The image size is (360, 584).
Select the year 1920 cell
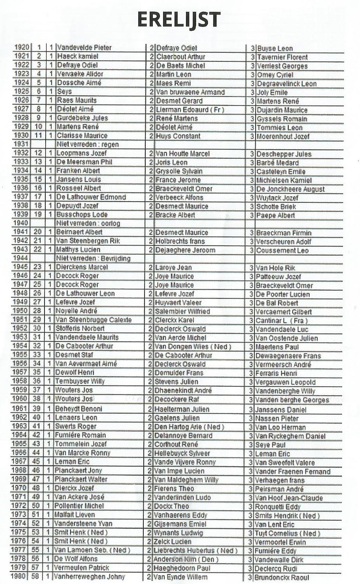click(21, 48)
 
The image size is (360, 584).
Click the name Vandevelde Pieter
click(84, 48)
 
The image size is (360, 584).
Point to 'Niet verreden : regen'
click(87, 145)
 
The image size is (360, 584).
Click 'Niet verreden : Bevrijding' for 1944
click(93, 259)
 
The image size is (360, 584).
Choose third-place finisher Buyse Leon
click(275, 48)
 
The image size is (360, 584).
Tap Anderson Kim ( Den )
click(186, 560)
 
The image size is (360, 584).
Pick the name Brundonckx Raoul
click(282, 577)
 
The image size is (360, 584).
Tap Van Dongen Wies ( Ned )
click(193, 347)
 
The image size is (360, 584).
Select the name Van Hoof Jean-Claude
click(289, 498)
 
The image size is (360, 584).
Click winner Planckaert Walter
click(81, 479)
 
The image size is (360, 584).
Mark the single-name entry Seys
click(64, 91)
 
